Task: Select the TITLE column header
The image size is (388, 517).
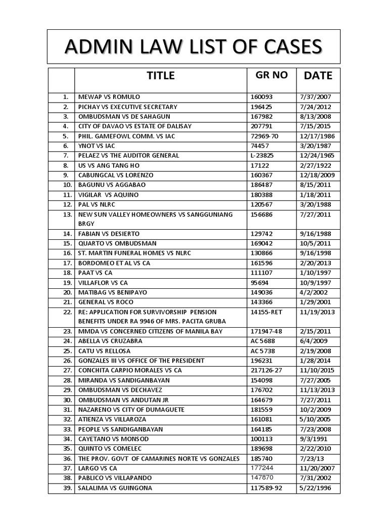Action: pyautogui.click(x=161, y=76)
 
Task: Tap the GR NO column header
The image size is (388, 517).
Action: pyautogui.click(x=272, y=75)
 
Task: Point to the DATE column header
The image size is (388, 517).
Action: pyautogui.click(x=318, y=76)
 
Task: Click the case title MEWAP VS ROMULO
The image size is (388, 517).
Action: pyautogui.click(x=109, y=97)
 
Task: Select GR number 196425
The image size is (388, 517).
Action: pyautogui.click(x=261, y=107)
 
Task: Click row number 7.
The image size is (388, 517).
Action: pyautogui.click(x=65, y=156)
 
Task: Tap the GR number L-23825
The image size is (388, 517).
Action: pyautogui.click(x=264, y=156)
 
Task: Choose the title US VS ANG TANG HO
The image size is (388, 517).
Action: pyautogui.click(x=109, y=166)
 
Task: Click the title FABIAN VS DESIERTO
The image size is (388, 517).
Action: pyautogui.click(x=109, y=234)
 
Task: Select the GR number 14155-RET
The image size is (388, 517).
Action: pyautogui.click(x=266, y=312)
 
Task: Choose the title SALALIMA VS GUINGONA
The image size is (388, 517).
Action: pyautogui.click(x=115, y=488)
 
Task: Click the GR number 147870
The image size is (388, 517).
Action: pyautogui.click(x=262, y=478)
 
